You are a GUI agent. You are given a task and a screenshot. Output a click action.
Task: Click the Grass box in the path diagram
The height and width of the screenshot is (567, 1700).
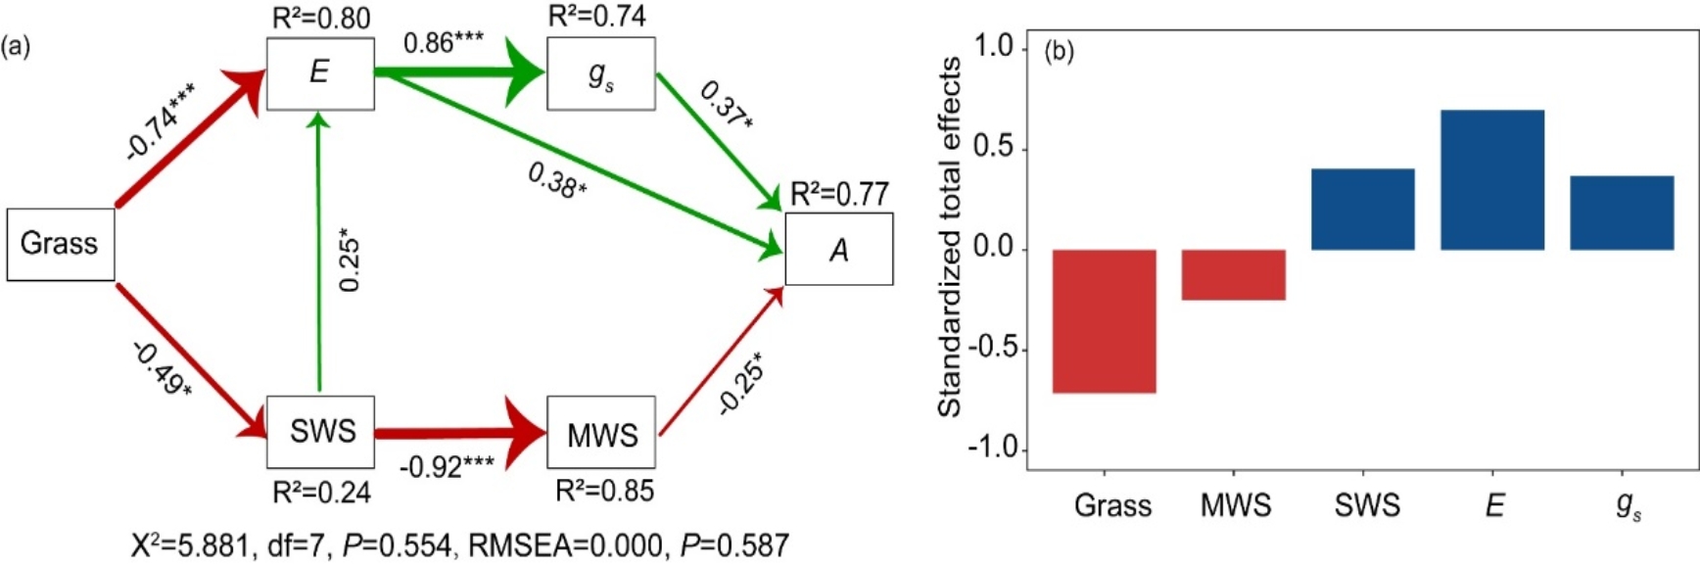[x=61, y=244]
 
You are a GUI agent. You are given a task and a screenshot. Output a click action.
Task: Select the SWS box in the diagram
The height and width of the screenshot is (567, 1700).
[x=320, y=432]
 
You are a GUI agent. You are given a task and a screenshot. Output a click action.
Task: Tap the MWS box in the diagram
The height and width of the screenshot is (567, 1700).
[x=601, y=432]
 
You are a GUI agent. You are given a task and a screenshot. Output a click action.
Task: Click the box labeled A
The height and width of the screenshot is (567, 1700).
[x=839, y=249]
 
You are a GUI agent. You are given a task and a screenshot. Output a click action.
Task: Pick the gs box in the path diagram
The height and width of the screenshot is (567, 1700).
[x=601, y=73]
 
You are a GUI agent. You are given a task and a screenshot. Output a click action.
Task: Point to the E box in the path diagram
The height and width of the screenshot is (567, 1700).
[x=320, y=73]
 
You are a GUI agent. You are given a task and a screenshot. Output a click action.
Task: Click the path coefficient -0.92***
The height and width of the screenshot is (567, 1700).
[x=447, y=466]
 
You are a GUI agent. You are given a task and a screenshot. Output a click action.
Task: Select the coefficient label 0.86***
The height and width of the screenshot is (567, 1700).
[x=444, y=43]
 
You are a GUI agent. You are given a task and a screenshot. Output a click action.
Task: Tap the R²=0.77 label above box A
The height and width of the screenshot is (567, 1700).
[x=839, y=194]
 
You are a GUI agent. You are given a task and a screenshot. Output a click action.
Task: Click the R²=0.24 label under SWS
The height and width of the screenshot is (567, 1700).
[x=321, y=492]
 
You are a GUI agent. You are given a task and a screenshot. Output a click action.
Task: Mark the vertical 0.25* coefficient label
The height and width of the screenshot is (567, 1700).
[x=350, y=260]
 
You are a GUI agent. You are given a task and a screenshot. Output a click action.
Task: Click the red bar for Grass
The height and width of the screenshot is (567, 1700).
[x=1105, y=321]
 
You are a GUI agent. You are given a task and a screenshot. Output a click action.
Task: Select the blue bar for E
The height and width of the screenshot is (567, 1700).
[x=1492, y=180]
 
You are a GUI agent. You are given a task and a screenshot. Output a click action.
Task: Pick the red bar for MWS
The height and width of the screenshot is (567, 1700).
[x=1234, y=274]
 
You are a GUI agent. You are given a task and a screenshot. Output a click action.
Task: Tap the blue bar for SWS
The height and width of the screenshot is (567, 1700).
[x=1363, y=210]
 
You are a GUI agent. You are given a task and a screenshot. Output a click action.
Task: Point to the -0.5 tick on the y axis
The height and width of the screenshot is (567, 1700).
[x=993, y=350]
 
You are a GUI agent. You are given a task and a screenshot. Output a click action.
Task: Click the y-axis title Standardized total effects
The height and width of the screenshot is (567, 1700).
[x=950, y=237]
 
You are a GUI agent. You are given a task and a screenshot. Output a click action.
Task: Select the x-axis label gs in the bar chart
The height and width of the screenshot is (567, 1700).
[x=1629, y=506]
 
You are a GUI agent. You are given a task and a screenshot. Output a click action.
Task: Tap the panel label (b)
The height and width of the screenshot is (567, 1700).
[x=1059, y=51]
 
